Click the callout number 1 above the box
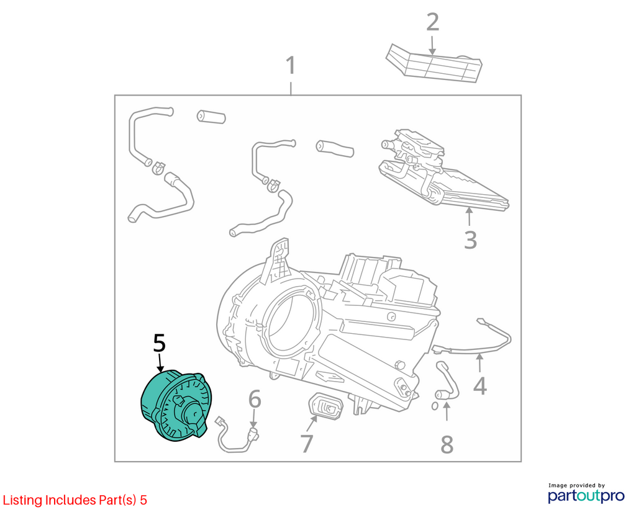(291, 66)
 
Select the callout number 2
(433, 22)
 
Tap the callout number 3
(471, 240)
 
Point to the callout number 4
(480, 386)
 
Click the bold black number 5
(160, 343)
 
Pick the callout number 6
(254, 399)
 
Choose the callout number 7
(307, 444)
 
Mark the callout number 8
(447, 444)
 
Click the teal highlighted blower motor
(175, 405)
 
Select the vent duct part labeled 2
(434, 63)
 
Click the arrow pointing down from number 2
(432, 45)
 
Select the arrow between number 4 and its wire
(479, 362)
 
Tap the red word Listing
(23, 500)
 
